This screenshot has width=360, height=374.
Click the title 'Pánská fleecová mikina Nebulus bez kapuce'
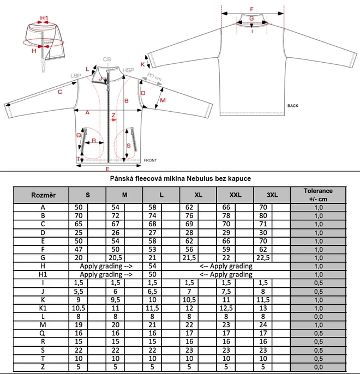pyautogui.click(x=179, y=178)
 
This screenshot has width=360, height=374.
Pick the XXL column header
pyautogui.click(x=235, y=195)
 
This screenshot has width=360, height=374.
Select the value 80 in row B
pyautogui.click(x=263, y=215)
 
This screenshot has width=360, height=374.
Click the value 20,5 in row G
pyautogui.click(x=115, y=257)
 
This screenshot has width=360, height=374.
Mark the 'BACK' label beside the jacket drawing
pyautogui.click(x=292, y=106)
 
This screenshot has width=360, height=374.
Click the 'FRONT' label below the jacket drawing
pyautogui.click(x=150, y=160)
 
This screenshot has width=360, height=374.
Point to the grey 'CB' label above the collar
pyautogui.click(x=107, y=59)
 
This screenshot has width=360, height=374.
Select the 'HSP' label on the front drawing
pyautogui.click(x=128, y=70)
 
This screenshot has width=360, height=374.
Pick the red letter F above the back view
pyautogui.click(x=251, y=9)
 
